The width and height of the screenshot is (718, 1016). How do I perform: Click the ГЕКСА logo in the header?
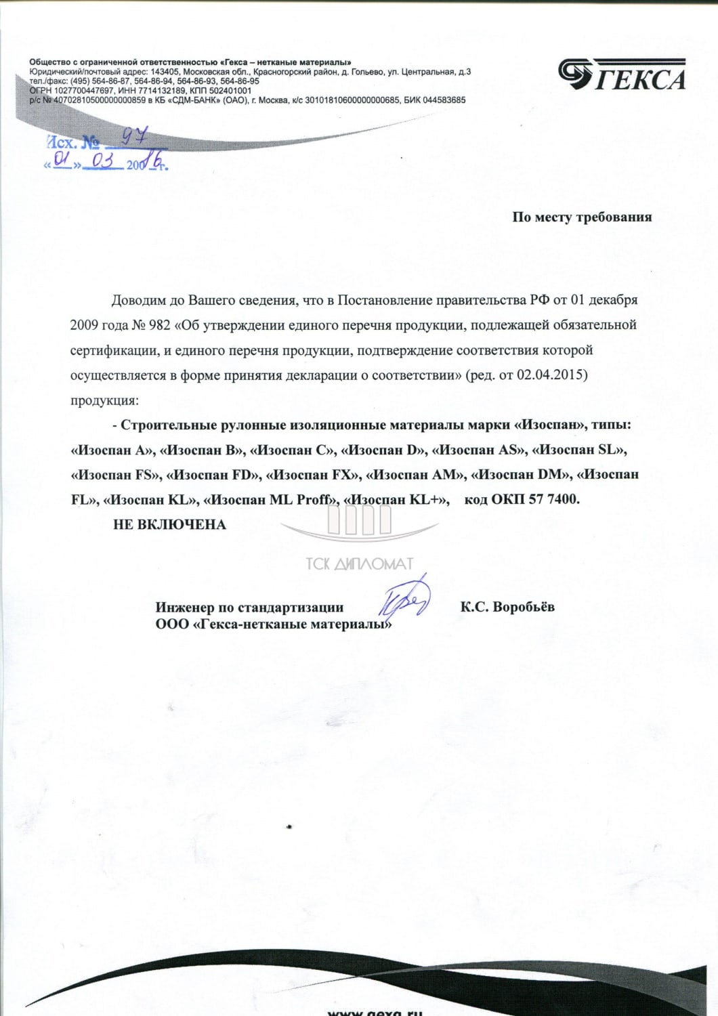(x=622, y=75)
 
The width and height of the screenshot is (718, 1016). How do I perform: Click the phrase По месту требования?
(x=582, y=217)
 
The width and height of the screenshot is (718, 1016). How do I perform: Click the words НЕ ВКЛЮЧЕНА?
(x=169, y=524)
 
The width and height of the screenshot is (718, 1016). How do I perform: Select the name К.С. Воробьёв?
(x=507, y=607)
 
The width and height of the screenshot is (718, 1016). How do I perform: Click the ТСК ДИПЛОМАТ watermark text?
(x=359, y=564)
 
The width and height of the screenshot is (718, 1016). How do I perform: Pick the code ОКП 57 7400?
(x=535, y=500)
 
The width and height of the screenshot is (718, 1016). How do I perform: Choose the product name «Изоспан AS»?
(x=479, y=450)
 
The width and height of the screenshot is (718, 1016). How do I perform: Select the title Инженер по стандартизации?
(x=249, y=608)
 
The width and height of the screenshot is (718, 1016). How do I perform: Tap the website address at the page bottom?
(x=375, y=1011)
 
